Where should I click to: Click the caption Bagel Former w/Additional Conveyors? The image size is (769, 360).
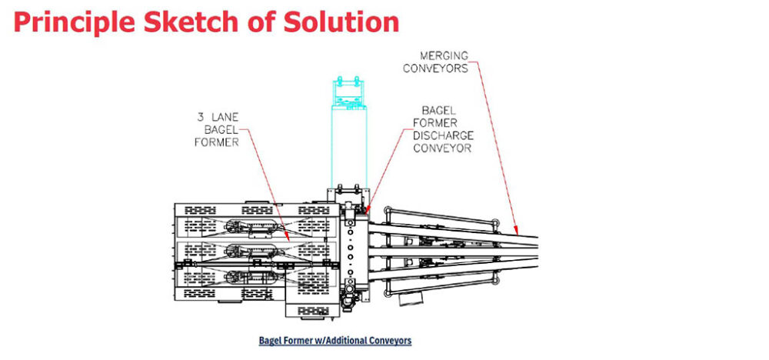tap(335, 340)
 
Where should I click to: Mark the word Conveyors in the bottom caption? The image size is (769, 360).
tap(390, 340)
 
